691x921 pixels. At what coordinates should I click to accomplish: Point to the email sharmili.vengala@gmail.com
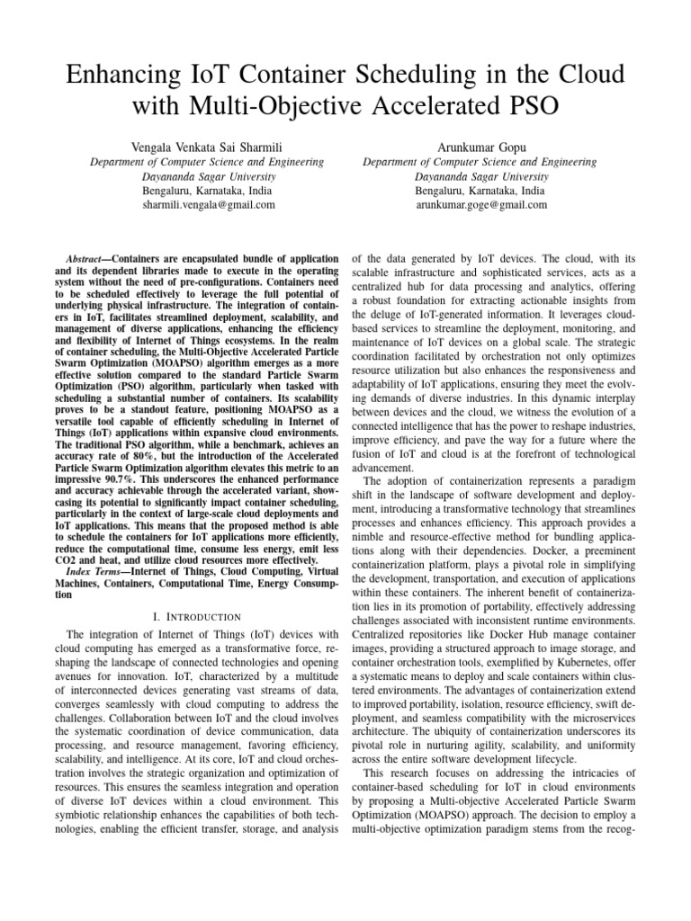point(209,205)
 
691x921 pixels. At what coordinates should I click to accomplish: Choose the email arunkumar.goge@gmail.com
point(480,205)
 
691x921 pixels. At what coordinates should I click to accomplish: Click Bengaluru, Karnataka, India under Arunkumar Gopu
point(480,191)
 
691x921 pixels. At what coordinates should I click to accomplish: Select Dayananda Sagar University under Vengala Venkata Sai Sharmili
point(209,176)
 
